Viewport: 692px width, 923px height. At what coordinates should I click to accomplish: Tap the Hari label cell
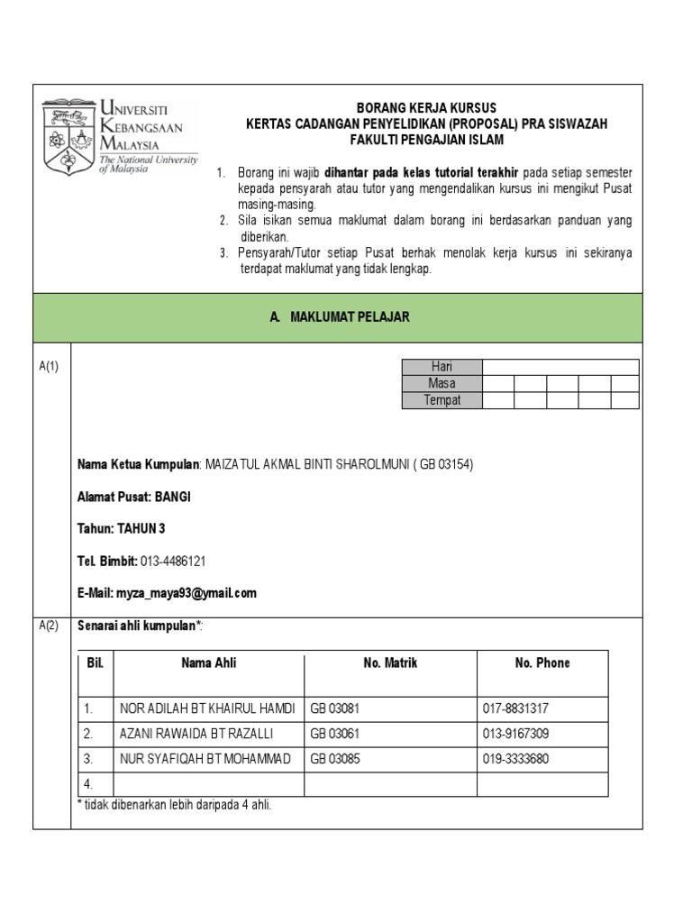442,367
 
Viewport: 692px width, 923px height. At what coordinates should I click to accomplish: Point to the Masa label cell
442,383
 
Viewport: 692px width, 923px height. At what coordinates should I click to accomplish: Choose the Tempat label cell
442,400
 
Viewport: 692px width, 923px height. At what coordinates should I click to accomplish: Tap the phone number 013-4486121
173,561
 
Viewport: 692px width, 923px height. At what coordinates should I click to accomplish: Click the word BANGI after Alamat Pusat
173,497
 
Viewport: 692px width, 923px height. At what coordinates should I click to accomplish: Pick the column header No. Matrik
390,663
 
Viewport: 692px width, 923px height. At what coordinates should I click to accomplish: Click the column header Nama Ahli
208,663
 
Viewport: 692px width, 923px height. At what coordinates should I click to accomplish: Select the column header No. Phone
542,663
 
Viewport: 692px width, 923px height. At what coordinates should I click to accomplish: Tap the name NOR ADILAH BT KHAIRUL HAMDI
207,708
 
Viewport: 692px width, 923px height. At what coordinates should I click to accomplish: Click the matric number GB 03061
335,734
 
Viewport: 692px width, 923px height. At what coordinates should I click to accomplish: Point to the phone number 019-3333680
516,759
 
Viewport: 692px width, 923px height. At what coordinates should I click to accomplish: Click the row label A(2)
49,626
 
